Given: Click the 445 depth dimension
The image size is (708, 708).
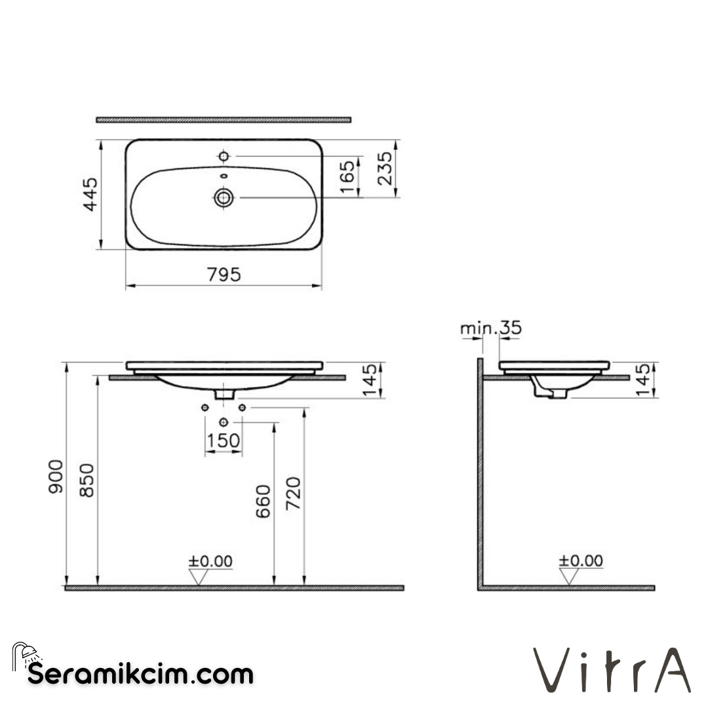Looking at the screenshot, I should [90, 194].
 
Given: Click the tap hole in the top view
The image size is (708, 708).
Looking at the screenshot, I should [224, 156].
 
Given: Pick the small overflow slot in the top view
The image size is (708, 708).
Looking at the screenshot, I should [224, 176].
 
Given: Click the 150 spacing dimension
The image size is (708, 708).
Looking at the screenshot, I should [224, 441].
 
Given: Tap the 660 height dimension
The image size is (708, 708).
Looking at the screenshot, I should [263, 501].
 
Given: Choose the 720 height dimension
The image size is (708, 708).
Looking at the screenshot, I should [294, 495].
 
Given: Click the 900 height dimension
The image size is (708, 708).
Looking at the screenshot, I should [56, 477].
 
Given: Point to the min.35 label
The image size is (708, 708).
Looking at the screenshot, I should [490, 328].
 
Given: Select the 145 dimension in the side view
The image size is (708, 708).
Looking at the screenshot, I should [644, 380].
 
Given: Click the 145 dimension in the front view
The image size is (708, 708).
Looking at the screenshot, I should [370, 380].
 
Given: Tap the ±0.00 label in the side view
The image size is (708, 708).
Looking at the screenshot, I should [580, 561].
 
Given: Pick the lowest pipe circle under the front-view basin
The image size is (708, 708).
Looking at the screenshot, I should [224, 422].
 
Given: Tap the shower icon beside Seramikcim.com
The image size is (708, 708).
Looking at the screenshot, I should [26, 656].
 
